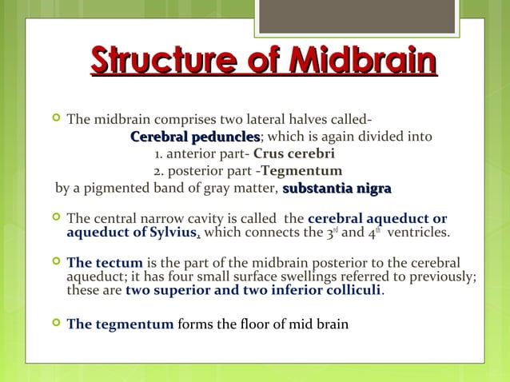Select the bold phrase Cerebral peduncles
195,137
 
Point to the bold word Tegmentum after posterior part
301,171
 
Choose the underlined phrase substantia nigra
337,189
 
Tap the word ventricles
419,233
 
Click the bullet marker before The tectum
55,262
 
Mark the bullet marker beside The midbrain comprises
55,120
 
